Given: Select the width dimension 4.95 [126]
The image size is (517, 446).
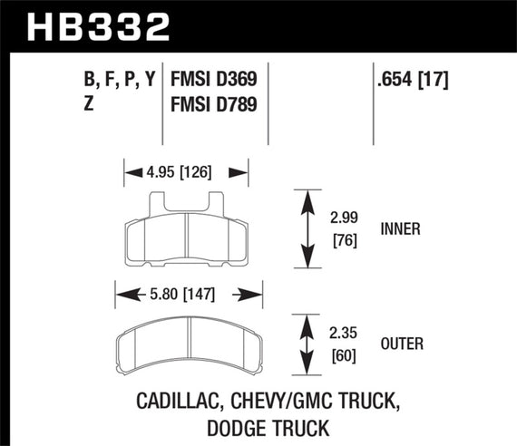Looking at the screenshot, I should click(186, 170).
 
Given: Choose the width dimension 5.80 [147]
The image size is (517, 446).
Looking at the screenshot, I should click(188, 295).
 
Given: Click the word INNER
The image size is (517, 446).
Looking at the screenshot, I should click(400, 229).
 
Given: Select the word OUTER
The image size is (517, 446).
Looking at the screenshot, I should click(402, 344).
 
